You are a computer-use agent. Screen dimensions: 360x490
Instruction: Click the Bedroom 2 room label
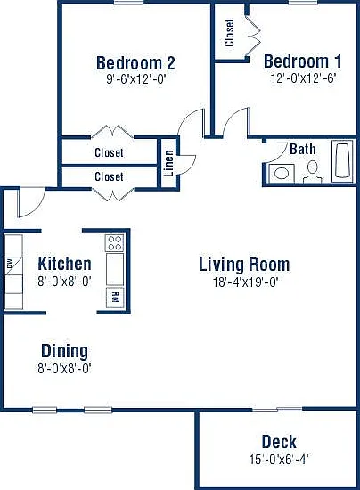pyautogui.click(x=135, y=63)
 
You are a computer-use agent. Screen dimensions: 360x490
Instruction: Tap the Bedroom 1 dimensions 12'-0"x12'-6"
pyautogui.click(x=303, y=78)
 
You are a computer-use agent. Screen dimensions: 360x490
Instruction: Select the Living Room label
pyautogui.click(x=244, y=265)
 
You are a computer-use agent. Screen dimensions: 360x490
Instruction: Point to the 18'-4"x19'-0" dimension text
pyautogui.click(x=246, y=282)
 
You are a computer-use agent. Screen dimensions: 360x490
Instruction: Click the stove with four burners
pyautogui.click(x=114, y=243)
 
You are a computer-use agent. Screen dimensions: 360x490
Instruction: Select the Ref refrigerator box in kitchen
pyautogui.click(x=115, y=298)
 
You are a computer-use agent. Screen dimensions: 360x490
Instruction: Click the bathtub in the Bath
pyautogui.click(x=343, y=160)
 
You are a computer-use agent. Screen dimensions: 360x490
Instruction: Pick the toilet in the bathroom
pyautogui.click(x=313, y=172)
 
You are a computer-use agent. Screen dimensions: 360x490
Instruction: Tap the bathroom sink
pyautogui.click(x=282, y=174)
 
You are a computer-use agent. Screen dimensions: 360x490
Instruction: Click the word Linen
pyautogui.click(x=168, y=163)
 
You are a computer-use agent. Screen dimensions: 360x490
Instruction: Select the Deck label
pyautogui.click(x=279, y=442)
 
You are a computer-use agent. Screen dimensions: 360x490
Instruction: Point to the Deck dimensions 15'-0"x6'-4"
pyautogui.click(x=279, y=460)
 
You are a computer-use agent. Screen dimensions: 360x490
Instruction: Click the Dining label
pyautogui.click(x=65, y=351)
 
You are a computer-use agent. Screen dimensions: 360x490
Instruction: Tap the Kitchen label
pyautogui.click(x=64, y=264)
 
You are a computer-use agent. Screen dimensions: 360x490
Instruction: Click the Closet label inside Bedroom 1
pyautogui.click(x=229, y=33)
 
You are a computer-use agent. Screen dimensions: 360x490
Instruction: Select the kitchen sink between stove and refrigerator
pyautogui.click(x=115, y=269)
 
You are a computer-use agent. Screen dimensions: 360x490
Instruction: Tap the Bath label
pyautogui.click(x=302, y=149)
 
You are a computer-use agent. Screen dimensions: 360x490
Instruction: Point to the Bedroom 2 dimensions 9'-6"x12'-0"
pyautogui.click(x=135, y=79)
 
